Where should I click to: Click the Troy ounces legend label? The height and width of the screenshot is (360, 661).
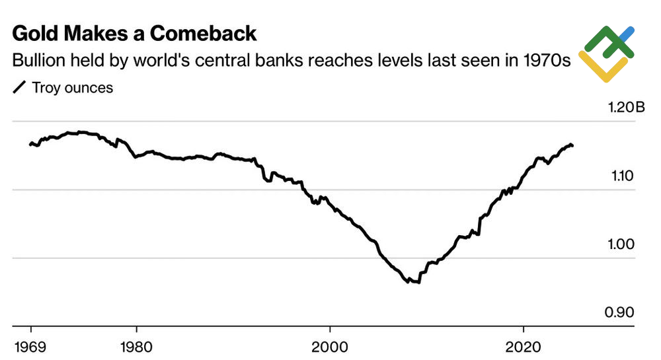pos(72,88)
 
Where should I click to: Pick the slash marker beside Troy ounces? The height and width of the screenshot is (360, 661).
pos(20,88)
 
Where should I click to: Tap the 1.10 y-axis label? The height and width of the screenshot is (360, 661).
pos(621,176)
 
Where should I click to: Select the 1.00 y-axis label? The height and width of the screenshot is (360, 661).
pos(621,244)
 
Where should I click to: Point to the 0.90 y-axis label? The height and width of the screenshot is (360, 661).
pos(621,312)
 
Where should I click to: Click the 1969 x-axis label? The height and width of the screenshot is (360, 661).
pos(30,346)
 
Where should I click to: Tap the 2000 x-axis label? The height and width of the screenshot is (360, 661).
pos(329,346)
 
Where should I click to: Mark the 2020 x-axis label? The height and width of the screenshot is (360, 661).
pos(523,346)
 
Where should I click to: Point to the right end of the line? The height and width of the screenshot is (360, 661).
pos(572,145)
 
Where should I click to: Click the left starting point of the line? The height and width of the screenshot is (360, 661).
pos(30,143)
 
